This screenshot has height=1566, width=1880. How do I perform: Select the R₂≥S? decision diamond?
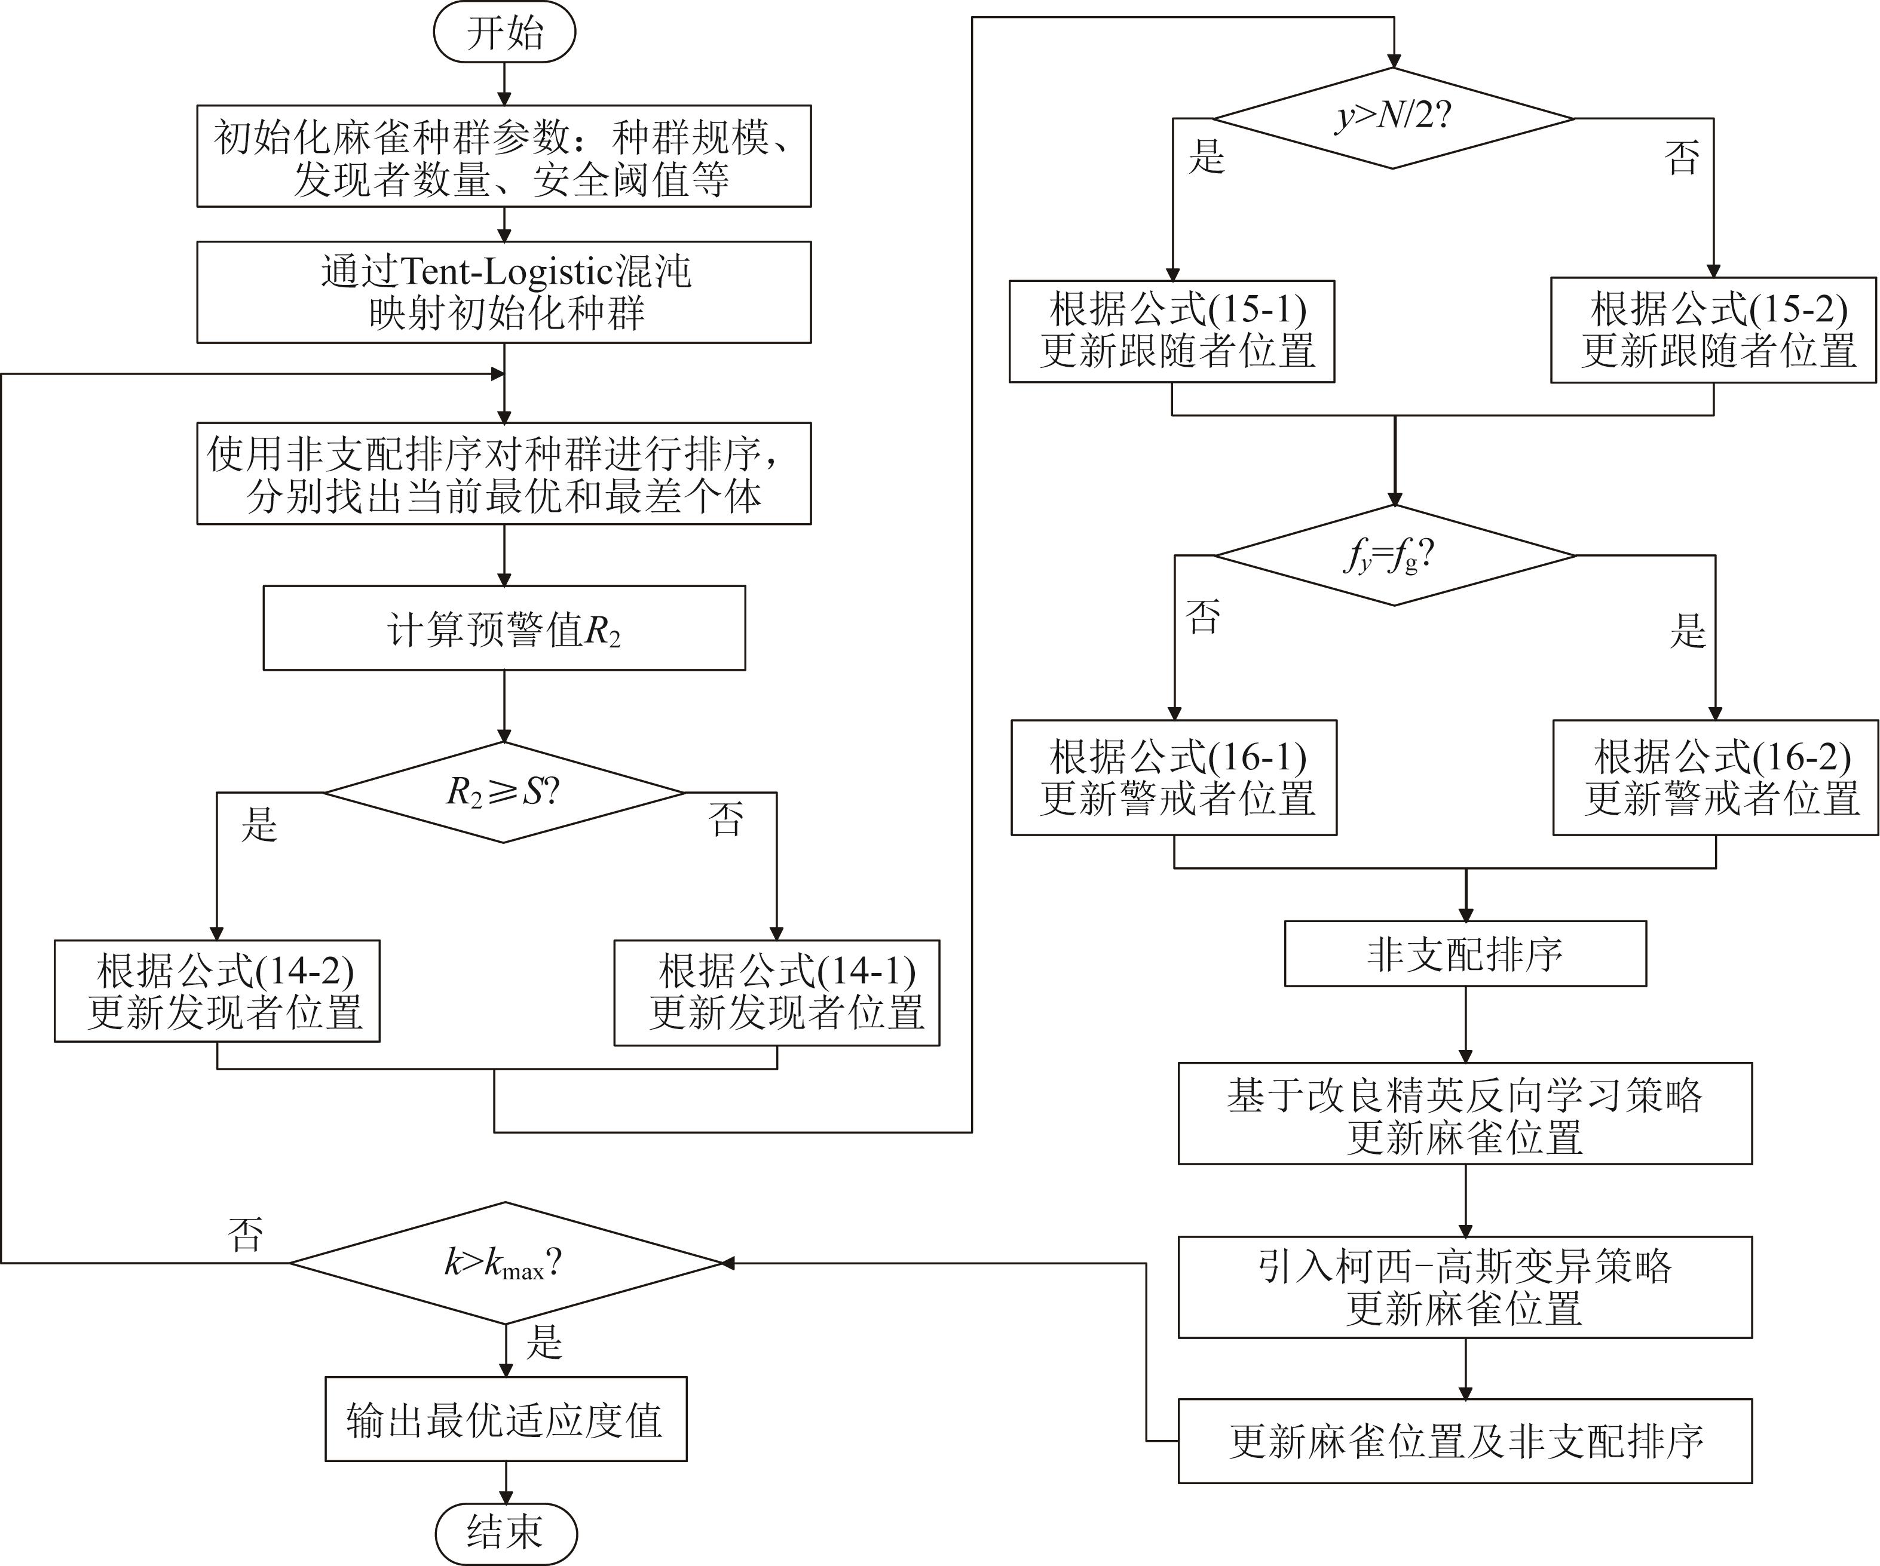coord(504,792)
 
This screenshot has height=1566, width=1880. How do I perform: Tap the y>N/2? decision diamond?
coord(1393,117)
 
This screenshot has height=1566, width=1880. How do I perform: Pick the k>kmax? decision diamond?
coord(506,1263)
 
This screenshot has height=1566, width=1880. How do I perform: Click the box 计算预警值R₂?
coord(504,628)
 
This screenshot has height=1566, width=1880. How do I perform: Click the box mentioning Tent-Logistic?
coord(504,291)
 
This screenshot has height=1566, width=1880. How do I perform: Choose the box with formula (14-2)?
coord(217,991)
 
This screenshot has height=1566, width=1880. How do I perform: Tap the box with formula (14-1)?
coord(776,993)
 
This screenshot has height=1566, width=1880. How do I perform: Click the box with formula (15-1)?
coord(1172,331)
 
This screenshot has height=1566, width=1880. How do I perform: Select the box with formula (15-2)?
coord(1713,331)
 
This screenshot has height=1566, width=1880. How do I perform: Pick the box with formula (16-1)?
coord(1174,777)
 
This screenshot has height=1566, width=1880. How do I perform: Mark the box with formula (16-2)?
coord(1715,777)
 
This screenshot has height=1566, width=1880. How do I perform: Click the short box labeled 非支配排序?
coord(1465,954)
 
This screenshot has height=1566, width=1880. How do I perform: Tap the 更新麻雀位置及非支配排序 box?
coord(1465,1441)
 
